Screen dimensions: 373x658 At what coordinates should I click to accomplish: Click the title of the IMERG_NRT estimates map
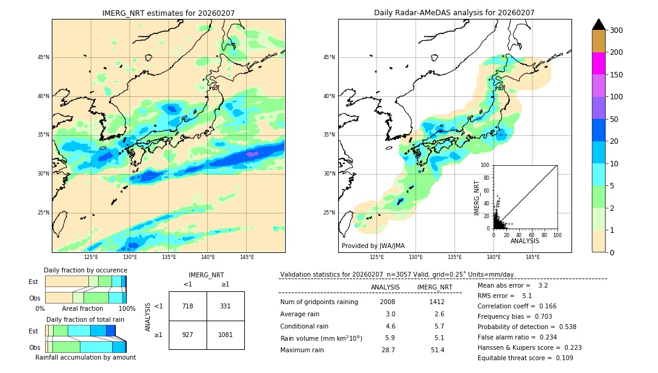168,13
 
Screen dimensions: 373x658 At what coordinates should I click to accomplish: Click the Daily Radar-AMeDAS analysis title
454,13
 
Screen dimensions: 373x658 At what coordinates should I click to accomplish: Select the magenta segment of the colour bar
598,63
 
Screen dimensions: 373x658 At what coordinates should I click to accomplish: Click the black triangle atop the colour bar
598,24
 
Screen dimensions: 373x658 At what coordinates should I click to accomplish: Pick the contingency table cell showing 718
188,306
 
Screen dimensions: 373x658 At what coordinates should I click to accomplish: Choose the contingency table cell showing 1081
225,335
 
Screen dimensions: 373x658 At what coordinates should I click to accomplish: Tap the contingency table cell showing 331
225,306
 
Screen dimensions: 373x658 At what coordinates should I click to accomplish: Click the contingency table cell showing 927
188,335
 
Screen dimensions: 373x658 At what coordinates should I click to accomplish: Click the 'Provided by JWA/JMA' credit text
373,246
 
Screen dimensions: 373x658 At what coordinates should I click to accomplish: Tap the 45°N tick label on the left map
43,57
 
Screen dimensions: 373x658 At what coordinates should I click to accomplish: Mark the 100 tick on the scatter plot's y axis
486,165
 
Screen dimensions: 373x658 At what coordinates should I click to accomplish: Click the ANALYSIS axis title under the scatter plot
525,241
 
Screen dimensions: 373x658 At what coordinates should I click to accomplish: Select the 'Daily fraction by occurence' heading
85,270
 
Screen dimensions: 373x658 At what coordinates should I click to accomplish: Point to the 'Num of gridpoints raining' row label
319,302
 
